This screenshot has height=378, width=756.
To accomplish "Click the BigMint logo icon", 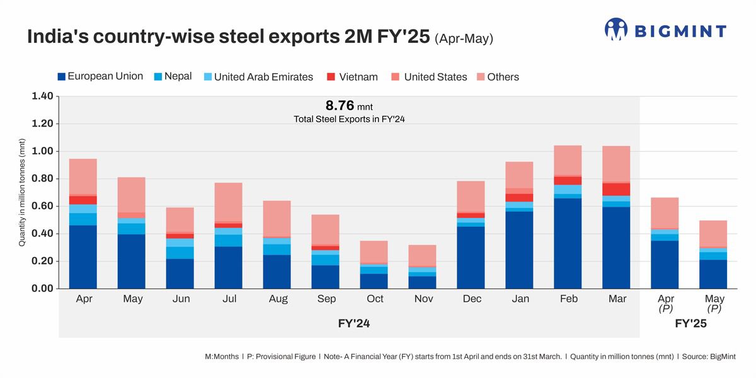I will [616, 29].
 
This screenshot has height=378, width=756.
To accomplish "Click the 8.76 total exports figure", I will [340, 105].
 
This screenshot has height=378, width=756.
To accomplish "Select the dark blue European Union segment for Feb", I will [568, 243].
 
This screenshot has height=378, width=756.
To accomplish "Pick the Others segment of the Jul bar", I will [229, 202].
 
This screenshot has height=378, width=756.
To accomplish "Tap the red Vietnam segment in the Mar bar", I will [617, 189].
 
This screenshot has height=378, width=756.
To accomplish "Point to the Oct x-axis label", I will [374, 299].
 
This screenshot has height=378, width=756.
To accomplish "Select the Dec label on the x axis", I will [471, 299].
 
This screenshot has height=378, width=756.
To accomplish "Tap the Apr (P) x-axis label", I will [666, 303].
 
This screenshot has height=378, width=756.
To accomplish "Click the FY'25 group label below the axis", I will [690, 324].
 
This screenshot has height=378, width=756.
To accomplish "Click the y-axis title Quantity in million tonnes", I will [22, 193].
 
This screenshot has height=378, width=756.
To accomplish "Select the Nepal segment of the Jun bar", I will [180, 253].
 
